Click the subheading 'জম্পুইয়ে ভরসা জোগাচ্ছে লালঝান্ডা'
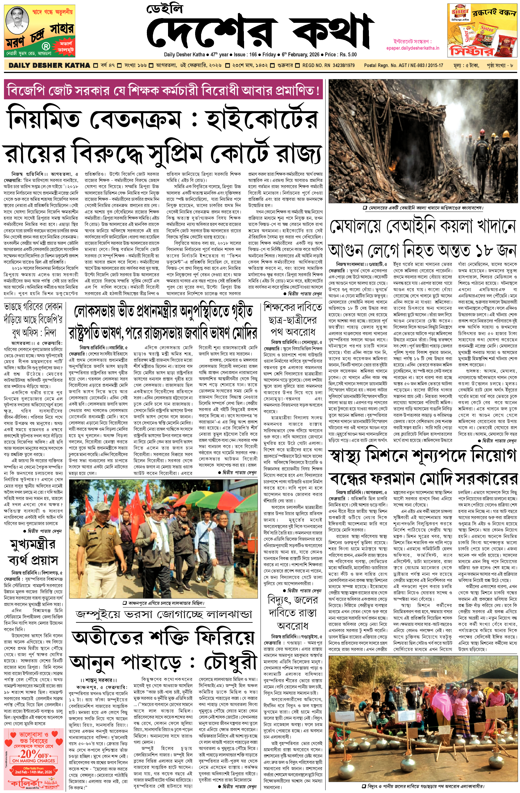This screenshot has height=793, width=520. tap(164, 613)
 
